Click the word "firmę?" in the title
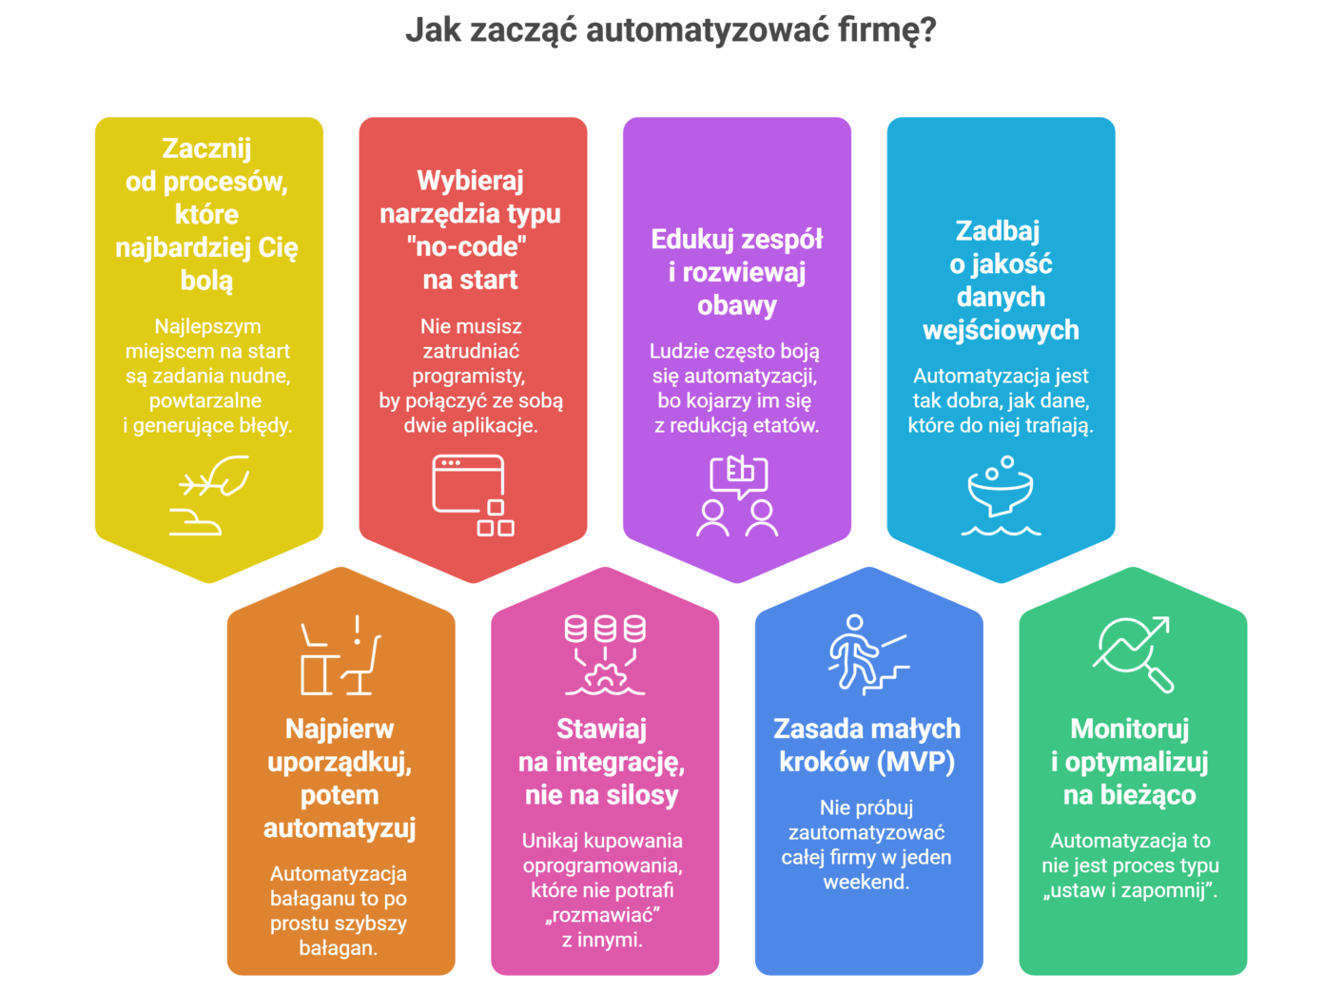[x=886, y=31]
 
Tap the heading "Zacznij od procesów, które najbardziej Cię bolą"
[x=206, y=214]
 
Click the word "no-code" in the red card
[x=467, y=247]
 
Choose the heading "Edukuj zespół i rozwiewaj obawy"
[x=737, y=272]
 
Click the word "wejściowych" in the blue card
[x=1001, y=330]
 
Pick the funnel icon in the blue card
[x=1001, y=495]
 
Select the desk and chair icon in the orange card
[x=340, y=655]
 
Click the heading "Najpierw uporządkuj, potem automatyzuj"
[x=340, y=778]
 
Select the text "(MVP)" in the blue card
[x=916, y=762]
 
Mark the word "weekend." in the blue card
[x=866, y=882]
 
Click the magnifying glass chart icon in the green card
[x=1132, y=653]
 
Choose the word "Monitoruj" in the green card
[x=1130, y=729]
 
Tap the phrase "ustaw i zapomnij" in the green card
[x=1129, y=891]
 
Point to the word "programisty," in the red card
[x=469, y=376]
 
